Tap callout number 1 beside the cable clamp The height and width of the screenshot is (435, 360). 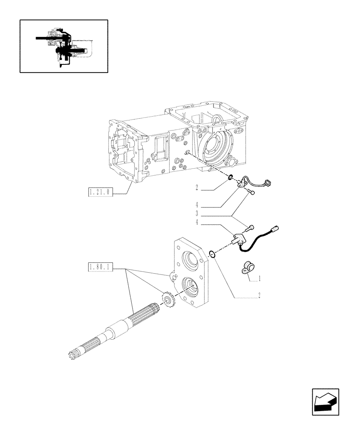260,278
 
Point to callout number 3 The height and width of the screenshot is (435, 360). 197,213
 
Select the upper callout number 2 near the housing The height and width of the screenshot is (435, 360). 197,188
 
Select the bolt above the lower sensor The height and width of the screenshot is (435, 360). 251,227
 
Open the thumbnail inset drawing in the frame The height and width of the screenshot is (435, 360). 64,46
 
